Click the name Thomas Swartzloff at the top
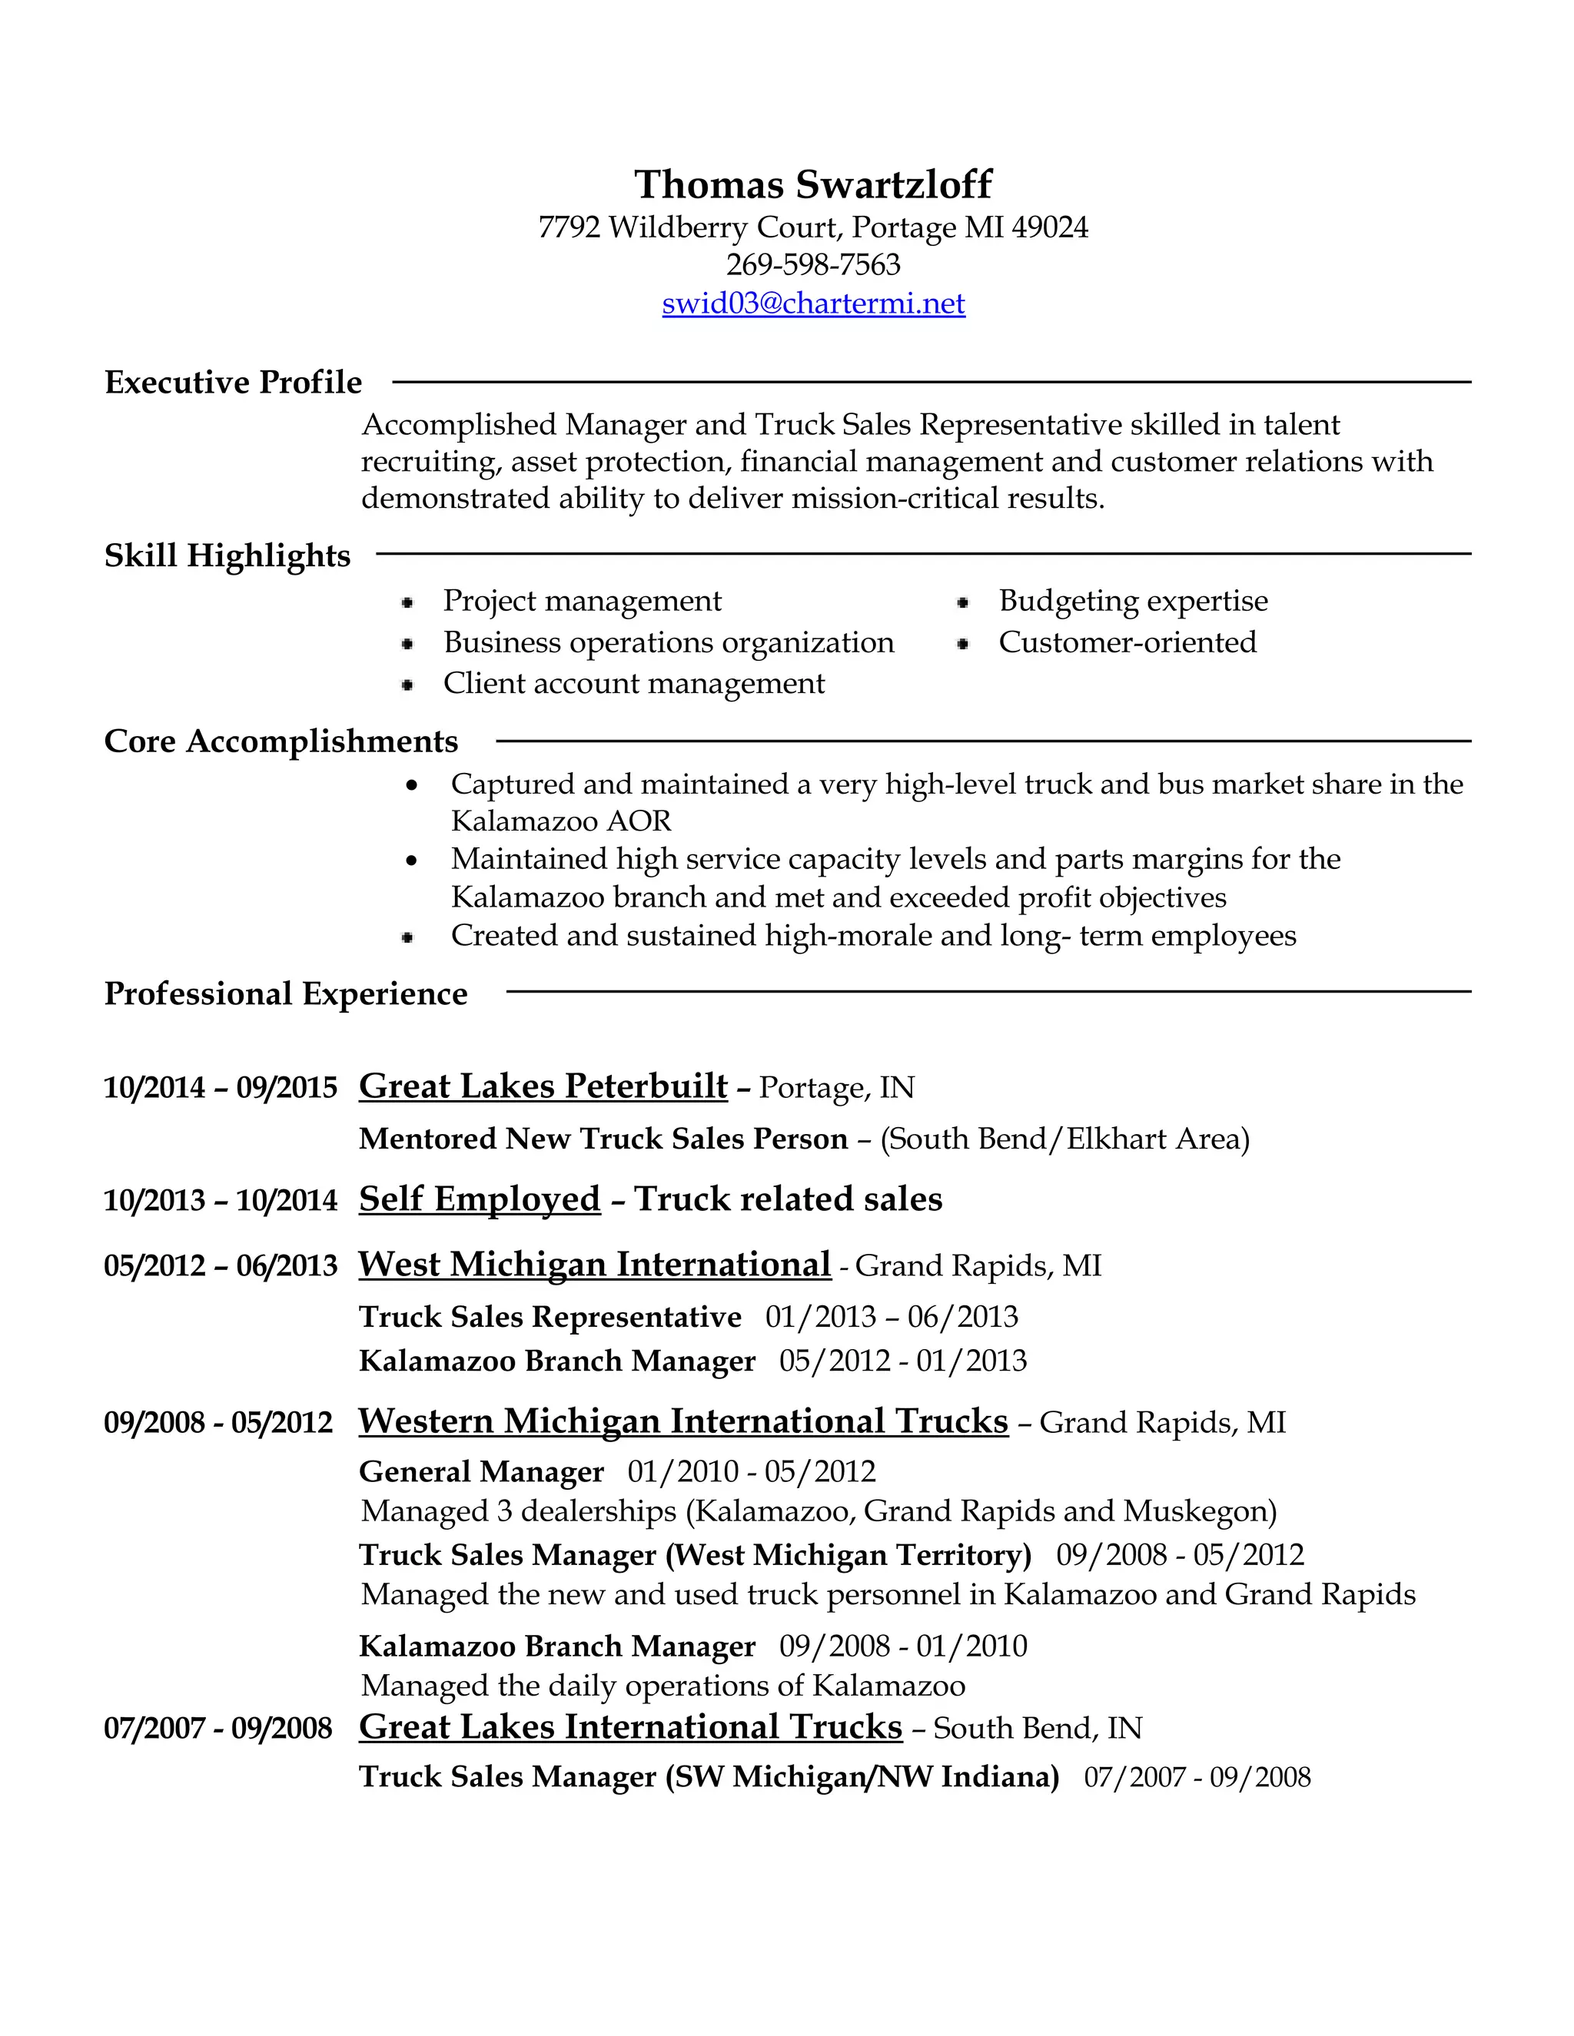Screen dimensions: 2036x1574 click(x=813, y=184)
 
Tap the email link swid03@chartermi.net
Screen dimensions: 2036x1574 click(x=813, y=304)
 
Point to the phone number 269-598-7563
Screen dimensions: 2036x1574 click(x=813, y=265)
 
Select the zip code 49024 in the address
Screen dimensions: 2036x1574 click(x=1049, y=227)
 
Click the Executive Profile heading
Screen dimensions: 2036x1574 click(x=233, y=382)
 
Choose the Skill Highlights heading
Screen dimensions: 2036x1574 click(x=227, y=555)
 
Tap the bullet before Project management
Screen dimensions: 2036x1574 click(x=407, y=603)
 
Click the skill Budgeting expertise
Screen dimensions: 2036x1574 click(x=1133, y=602)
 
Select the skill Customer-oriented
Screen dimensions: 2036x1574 click(x=1127, y=642)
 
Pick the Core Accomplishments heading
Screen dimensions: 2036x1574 click(x=281, y=742)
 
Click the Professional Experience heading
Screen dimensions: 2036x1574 click(x=285, y=993)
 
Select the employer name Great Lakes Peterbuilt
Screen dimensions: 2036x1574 click(x=543, y=1087)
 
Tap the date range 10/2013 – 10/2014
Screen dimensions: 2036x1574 click(x=220, y=1201)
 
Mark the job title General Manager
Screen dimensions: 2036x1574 click(x=481, y=1472)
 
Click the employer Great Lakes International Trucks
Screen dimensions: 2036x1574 click(x=630, y=1727)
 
